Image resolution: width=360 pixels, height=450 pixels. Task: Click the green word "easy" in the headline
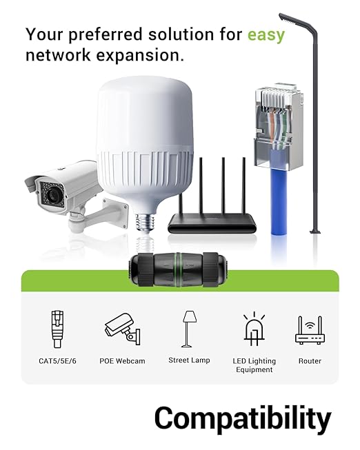coord(266,35)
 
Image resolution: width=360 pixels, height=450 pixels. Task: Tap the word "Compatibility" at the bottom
coord(243,419)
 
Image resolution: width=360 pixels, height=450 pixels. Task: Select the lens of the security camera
coord(52,194)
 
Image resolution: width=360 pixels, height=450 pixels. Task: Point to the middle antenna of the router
coord(223,186)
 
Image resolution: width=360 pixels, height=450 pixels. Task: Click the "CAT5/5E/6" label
coord(57,361)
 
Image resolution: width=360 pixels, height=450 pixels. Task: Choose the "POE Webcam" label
coord(122,361)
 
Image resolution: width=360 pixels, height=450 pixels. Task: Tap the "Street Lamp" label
coord(189,360)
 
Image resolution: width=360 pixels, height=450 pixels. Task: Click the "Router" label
coord(310,361)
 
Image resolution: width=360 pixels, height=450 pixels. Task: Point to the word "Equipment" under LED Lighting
coord(254,369)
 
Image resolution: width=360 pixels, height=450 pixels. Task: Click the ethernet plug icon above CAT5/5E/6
coord(57,329)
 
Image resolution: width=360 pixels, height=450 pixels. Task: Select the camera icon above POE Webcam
coord(122,329)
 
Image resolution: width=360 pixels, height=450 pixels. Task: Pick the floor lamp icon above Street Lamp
coord(190,329)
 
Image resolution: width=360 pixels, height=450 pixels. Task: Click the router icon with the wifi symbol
coord(310,330)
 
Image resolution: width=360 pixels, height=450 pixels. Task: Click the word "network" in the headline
coord(58,55)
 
